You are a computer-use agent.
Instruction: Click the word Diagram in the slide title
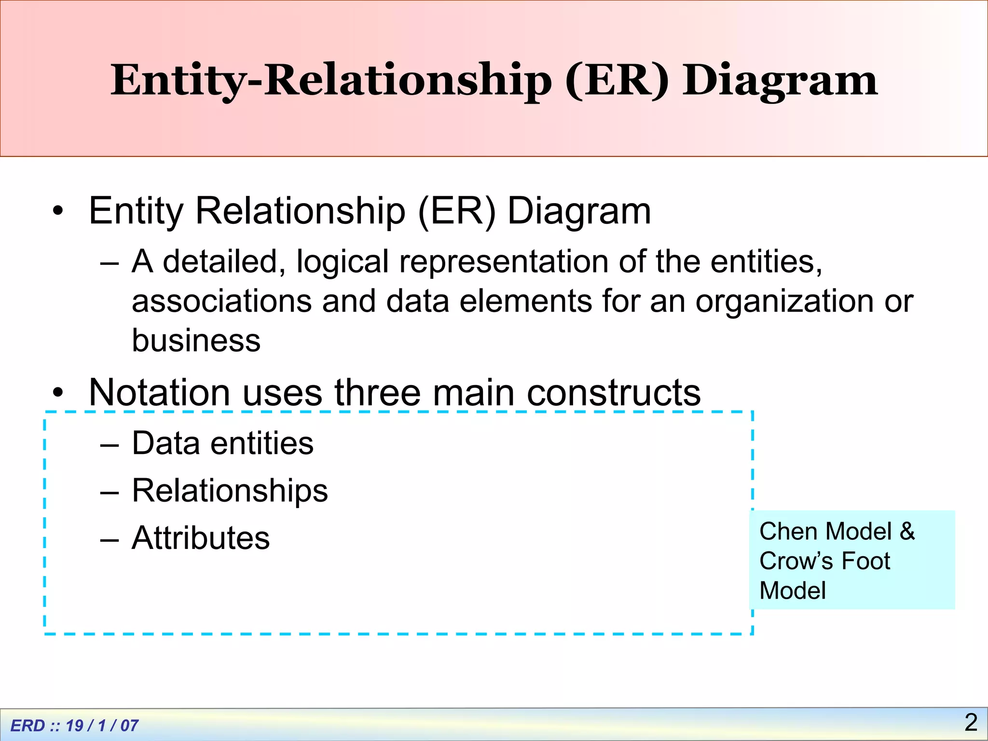tap(780, 81)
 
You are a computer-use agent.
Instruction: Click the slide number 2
tap(971, 722)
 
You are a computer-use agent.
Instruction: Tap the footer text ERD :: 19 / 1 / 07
tap(74, 726)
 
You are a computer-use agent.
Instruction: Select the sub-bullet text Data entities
tap(222, 443)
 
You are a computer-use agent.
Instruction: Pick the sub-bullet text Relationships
tap(230, 491)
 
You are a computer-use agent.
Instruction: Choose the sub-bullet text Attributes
tap(201, 538)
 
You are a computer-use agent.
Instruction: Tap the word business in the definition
tap(196, 341)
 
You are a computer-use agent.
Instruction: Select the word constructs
tap(614, 393)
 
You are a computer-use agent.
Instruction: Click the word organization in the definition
tap(784, 301)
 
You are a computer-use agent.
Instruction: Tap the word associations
tap(221, 301)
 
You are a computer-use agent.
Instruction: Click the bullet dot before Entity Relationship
tap(58, 212)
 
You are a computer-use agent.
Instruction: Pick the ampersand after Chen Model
tap(907, 532)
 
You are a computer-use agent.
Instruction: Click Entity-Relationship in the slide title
tap(331, 81)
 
